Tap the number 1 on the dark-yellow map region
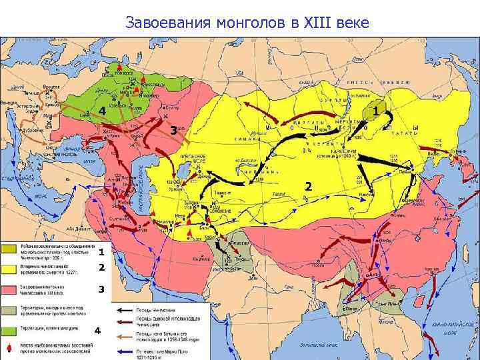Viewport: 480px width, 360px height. [377, 109]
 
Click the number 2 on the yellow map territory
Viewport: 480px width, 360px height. [308, 186]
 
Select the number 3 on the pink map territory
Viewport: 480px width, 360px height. [173, 131]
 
